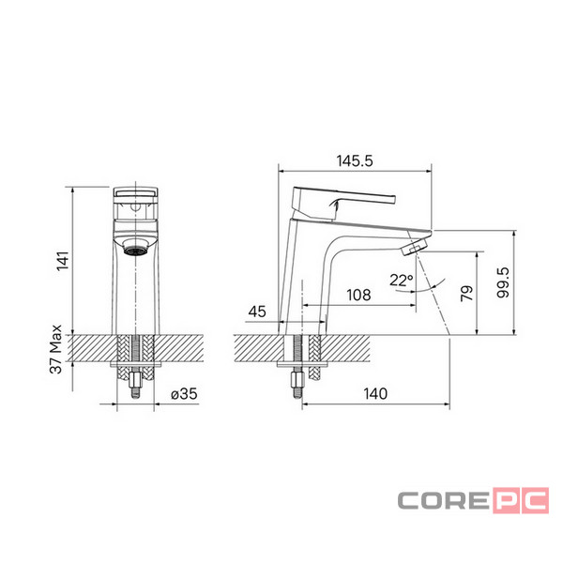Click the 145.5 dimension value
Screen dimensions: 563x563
(x=355, y=160)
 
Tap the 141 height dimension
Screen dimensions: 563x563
(x=63, y=261)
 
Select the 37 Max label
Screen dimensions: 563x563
(x=55, y=349)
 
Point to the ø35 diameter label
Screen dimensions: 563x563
(x=184, y=394)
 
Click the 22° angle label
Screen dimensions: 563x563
(x=402, y=280)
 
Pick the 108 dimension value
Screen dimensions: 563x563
(x=358, y=296)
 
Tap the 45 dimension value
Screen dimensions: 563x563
(x=257, y=312)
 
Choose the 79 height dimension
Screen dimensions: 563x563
(x=466, y=294)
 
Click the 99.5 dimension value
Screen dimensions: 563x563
(x=503, y=282)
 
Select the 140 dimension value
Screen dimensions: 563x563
(x=375, y=394)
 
